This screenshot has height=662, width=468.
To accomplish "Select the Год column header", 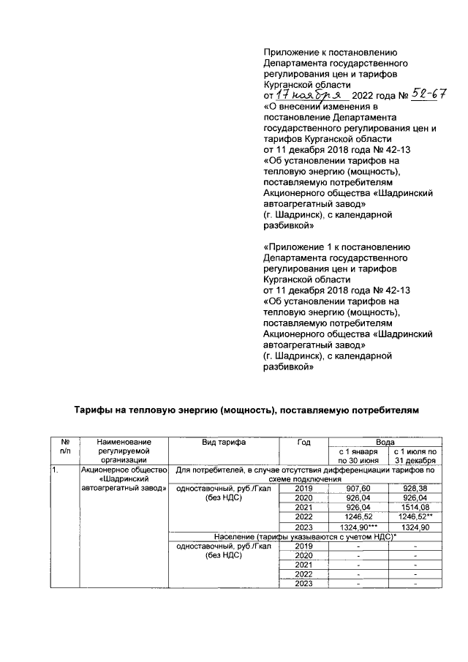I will point(303,443).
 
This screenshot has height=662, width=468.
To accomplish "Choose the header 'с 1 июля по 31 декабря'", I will point(415,456).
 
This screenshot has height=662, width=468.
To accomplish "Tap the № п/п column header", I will point(64,447).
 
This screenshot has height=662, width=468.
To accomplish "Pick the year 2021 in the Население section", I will point(303,564).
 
